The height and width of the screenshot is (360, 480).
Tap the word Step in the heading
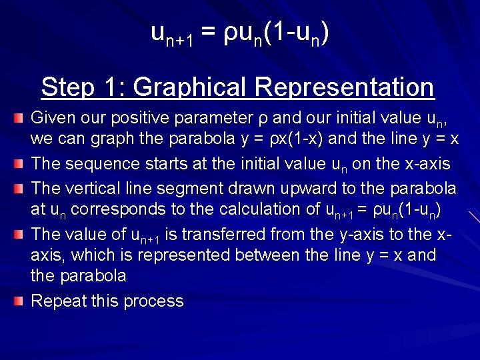point(65,87)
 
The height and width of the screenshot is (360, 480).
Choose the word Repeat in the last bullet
point(58,301)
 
